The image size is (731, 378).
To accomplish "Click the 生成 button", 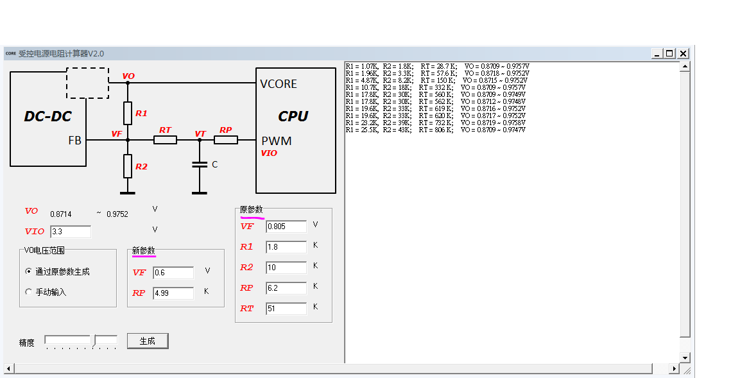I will pos(148,341).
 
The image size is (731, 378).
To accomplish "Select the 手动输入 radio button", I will pos(28,292).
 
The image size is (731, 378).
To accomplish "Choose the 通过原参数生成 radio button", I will pos(28,271).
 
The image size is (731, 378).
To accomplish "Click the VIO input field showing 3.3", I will pos(70,232).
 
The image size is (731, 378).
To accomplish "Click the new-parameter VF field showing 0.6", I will pos(173,273).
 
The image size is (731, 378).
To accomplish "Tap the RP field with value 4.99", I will pos(173,293).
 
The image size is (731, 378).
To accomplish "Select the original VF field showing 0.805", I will pos(286,227).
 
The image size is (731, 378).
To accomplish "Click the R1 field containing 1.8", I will pos(286,247).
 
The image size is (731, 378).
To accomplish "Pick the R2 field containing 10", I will pos(286,268).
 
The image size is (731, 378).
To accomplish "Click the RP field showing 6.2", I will pos(286,288).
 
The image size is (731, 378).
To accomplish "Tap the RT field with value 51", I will pos(286,309).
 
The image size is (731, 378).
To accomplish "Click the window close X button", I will pos(683,54).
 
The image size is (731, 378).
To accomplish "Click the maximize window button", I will pos(669,54).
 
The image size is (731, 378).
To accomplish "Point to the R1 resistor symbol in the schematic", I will pos(128,112).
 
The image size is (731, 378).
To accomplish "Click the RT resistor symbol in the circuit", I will pos(166,140).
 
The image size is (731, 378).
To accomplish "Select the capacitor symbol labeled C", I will pos(200,165).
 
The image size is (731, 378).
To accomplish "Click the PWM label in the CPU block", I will pos(276,141).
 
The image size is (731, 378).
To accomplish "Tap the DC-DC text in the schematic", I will pos(47,116).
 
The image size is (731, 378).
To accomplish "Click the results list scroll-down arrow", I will pos(685,357).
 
